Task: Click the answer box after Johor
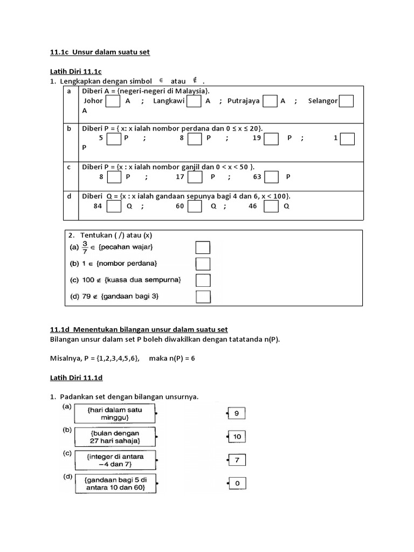pyautogui.click(x=113, y=101)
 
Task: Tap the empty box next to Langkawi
pyautogui.click(x=194, y=101)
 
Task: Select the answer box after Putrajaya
pyautogui.click(x=270, y=101)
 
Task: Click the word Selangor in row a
pyautogui.click(x=323, y=101)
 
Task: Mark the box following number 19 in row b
pyautogui.click(x=271, y=139)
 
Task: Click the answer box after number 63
pyautogui.click(x=271, y=177)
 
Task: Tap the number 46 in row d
pyautogui.click(x=253, y=206)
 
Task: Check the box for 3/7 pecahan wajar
pyautogui.click(x=202, y=247)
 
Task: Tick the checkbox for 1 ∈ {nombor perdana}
pyautogui.click(x=202, y=264)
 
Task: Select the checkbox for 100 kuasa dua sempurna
pyautogui.click(x=202, y=280)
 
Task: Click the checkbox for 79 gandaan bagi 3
pyautogui.click(x=202, y=297)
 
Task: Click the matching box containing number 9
pyautogui.click(x=237, y=413)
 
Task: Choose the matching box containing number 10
pyautogui.click(x=237, y=437)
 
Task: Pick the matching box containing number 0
pyautogui.click(x=237, y=484)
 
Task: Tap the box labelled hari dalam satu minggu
pyautogui.click(x=114, y=414)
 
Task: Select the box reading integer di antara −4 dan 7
pyautogui.click(x=115, y=460)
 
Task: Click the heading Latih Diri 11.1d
pyautogui.click(x=75, y=378)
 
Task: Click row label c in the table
pyautogui.click(x=68, y=167)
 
